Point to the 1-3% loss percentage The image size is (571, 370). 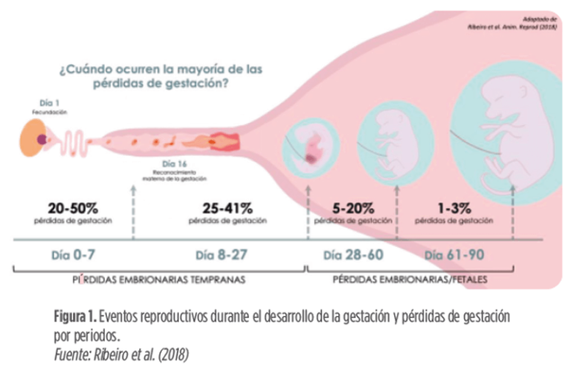click(451, 207)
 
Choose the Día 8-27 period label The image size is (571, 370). click(222, 255)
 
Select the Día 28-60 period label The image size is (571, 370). click(354, 255)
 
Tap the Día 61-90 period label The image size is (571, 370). click(456, 255)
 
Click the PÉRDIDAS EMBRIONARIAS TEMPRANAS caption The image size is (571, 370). click(160, 281)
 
